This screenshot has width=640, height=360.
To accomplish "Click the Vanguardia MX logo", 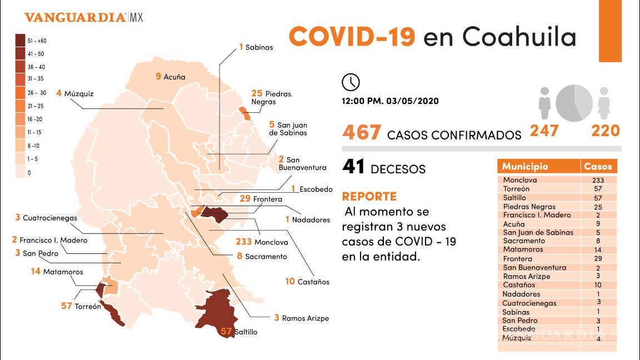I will click(x=83, y=18).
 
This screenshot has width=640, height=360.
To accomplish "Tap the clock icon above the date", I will click(x=351, y=82).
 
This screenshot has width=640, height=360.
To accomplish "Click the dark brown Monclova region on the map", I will click(x=213, y=214).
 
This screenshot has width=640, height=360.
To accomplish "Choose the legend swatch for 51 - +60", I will click(x=20, y=40).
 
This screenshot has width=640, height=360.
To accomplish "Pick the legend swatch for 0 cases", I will click(x=20, y=173).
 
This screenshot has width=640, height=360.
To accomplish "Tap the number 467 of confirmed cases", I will click(x=362, y=133).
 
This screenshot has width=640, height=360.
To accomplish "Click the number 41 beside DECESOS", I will click(x=353, y=167).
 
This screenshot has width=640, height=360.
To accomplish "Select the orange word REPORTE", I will click(x=369, y=197).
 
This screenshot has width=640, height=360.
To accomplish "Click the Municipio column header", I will click(x=525, y=167).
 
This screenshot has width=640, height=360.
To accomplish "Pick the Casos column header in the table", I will click(x=598, y=167).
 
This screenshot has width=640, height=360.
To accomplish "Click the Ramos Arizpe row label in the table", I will click(x=526, y=276).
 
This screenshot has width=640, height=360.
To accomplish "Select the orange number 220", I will click(x=605, y=131).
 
